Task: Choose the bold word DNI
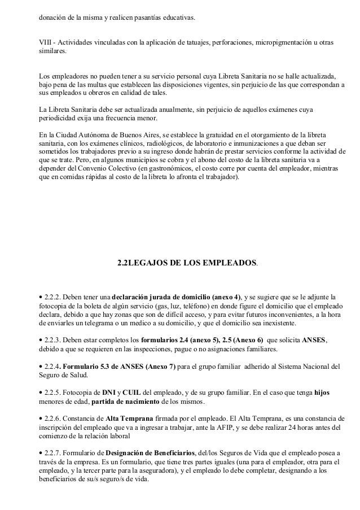108,393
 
